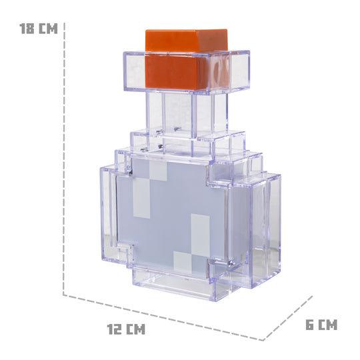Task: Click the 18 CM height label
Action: pyautogui.click(x=38, y=29)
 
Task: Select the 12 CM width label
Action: pyautogui.click(x=126, y=329)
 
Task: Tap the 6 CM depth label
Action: pyautogui.click(x=321, y=325)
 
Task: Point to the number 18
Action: pyautogui.click(x=27, y=29)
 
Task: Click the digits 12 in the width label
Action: pyautogui.click(x=115, y=329)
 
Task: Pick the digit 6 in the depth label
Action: pyautogui.click(x=310, y=325)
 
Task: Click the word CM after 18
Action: pyautogui.click(x=48, y=29)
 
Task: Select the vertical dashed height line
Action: pyautogui.click(x=65, y=160)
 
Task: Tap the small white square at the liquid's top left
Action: pyautogui.click(x=157, y=171)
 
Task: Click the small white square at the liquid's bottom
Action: pyautogui.click(x=181, y=261)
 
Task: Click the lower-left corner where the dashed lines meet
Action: pyautogui.click(x=65, y=293)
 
